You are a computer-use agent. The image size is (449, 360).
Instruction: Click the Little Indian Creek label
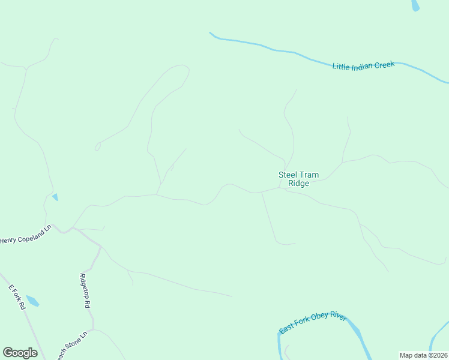363,65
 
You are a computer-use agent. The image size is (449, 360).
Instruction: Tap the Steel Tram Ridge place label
298,179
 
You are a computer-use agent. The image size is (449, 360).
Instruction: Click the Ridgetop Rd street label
85,290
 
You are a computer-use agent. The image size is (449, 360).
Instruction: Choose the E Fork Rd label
17,296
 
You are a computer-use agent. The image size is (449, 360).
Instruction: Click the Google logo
20,353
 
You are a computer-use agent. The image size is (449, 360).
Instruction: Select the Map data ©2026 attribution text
423,355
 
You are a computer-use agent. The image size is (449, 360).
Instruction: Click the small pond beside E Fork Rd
32,301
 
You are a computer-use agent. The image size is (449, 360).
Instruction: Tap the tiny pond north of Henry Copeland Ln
55,197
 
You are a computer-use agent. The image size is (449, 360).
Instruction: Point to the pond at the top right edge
415,5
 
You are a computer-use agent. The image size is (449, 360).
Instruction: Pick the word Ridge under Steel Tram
298,184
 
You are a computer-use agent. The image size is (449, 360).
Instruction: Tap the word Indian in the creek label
362,65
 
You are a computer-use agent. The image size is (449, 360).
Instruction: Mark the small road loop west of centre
97,146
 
